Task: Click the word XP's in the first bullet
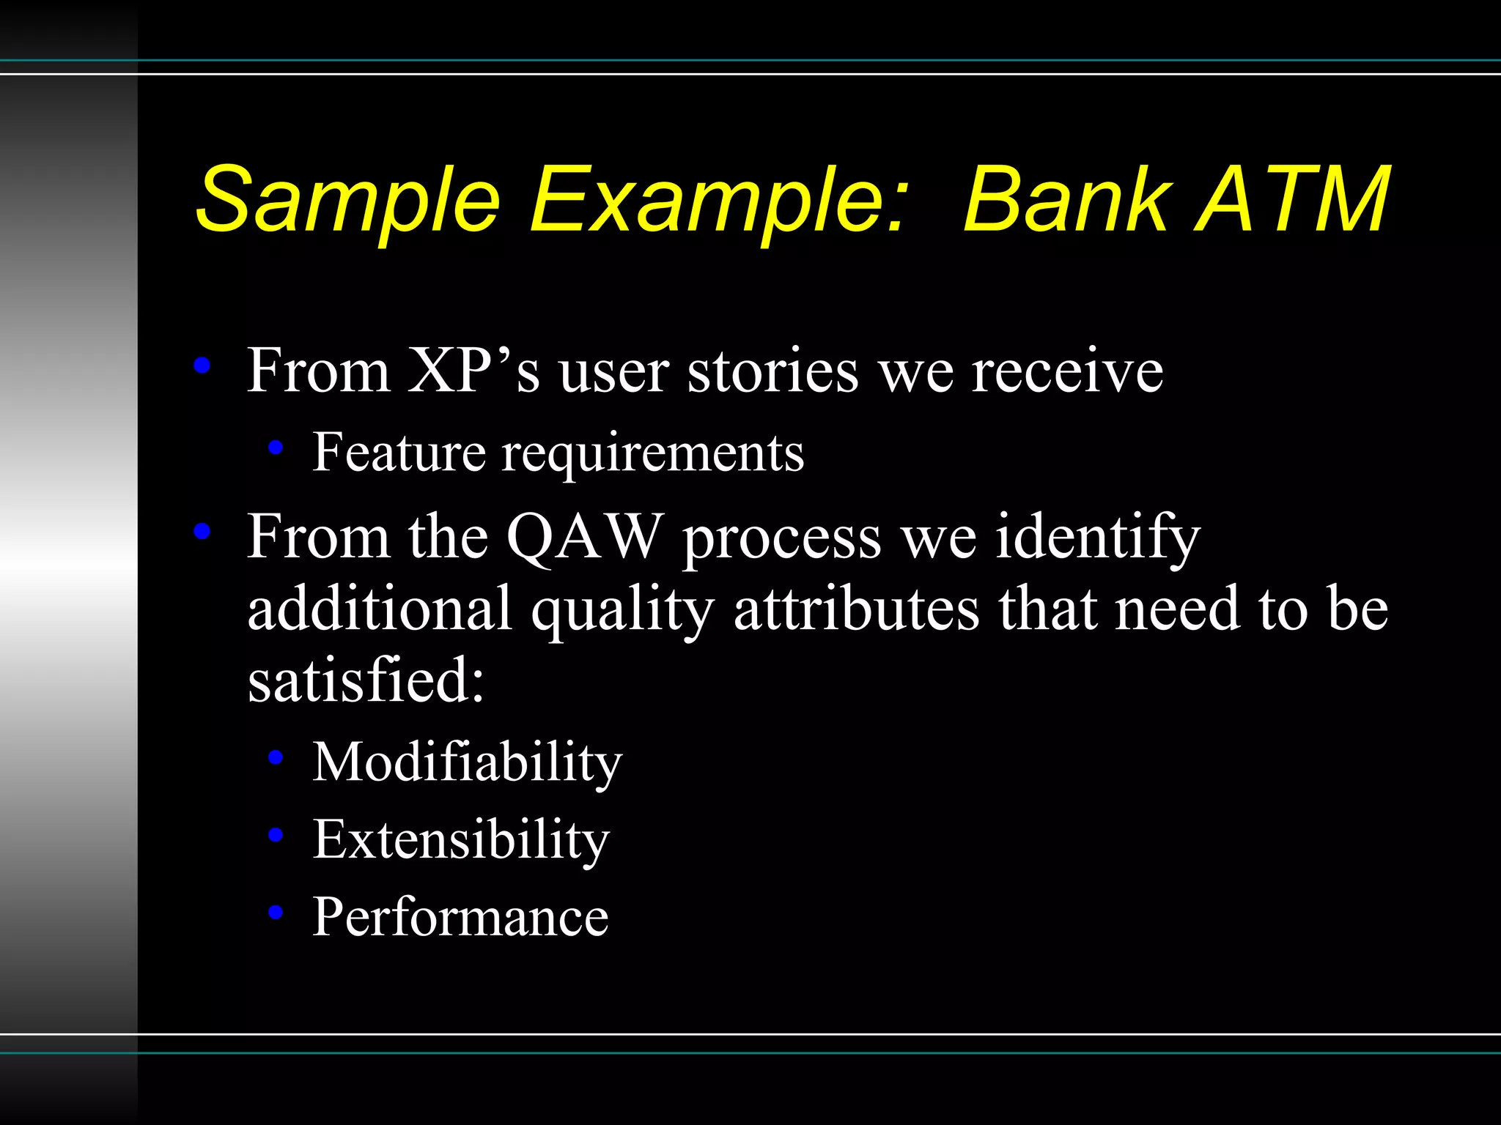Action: click(473, 371)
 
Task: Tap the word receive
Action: click(1067, 372)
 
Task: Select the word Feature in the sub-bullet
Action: click(399, 452)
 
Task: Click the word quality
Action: click(622, 610)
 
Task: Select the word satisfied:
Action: click(366, 679)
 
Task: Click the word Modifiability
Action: click(467, 763)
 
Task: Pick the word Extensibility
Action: click(461, 839)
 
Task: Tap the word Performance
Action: click(460, 917)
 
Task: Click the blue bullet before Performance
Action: click(276, 912)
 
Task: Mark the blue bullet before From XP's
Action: click(202, 365)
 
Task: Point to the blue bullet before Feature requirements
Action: click(276, 447)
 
